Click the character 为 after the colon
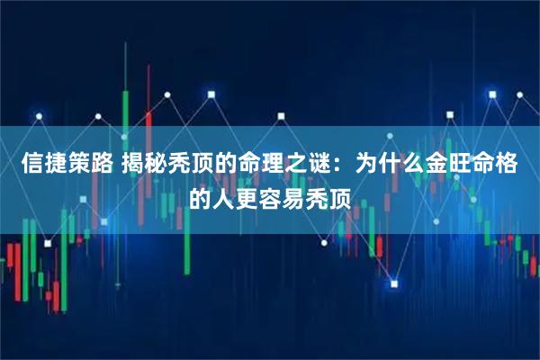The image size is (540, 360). (368, 164)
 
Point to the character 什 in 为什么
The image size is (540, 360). (391, 164)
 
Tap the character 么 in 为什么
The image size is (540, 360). (415, 164)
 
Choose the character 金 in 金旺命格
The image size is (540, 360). (438, 164)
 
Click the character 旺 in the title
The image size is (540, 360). (462, 164)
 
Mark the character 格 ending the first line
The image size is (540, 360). (508, 164)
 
